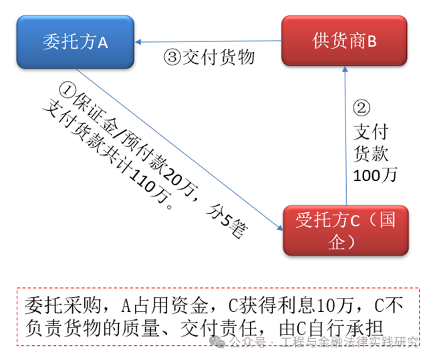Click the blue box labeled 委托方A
(x=76, y=42)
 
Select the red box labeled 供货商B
(x=344, y=41)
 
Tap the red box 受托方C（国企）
(x=345, y=230)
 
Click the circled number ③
(x=172, y=57)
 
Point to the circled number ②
(x=362, y=108)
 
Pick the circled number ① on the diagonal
(x=67, y=89)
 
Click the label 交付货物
(x=219, y=57)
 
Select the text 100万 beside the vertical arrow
(x=375, y=175)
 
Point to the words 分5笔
(x=227, y=221)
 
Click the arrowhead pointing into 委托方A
(x=138, y=42)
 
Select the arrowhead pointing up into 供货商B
(x=345, y=69)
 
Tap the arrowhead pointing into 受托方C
(x=280, y=228)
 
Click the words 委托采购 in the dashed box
(x=63, y=306)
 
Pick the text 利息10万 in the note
(x=315, y=306)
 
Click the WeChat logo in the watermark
(x=217, y=342)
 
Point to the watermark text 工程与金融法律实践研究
(x=349, y=342)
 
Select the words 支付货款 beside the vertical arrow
(x=371, y=142)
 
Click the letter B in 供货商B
(x=372, y=41)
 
